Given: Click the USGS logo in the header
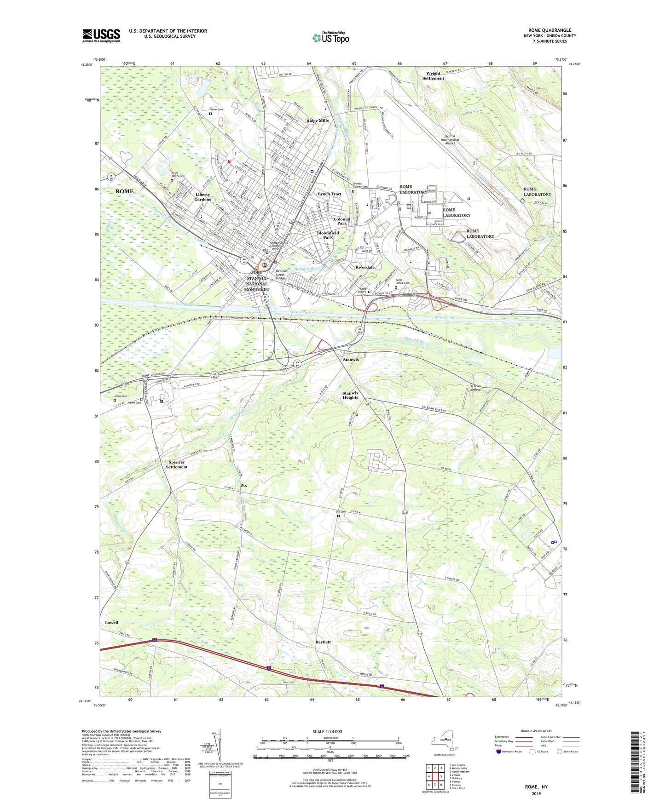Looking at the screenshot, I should (101, 35).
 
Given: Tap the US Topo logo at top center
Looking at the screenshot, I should (330, 38).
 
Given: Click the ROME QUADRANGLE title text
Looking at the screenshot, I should (549, 30).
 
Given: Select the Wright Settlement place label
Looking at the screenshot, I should (433, 76).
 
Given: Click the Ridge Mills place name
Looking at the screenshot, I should (318, 120).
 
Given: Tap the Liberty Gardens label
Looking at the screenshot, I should (202, 197).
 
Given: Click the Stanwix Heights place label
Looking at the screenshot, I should (350, 395).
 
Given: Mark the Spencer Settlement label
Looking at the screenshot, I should (177, 465).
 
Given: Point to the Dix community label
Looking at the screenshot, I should (243, 485).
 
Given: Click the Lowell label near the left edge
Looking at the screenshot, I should (111, 622).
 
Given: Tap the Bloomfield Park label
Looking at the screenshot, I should (328, 235).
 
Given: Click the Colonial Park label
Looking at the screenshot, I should (341, 221).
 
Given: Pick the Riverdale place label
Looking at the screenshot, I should (364, 267).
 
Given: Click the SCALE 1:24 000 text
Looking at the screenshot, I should (327, 731).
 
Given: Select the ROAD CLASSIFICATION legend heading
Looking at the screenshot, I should (536, 731).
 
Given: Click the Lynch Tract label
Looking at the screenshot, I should (330, 194).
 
